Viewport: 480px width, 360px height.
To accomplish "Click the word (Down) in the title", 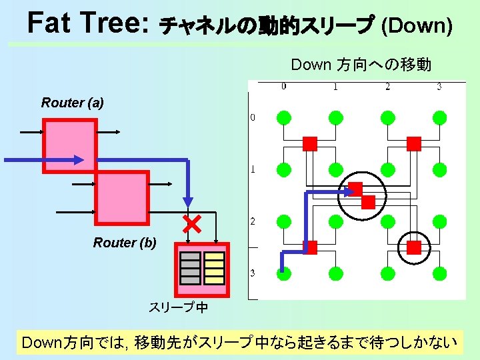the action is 417,26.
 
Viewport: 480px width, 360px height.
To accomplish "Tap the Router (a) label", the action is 72,103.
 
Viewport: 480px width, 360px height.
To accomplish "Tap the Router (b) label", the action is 125,243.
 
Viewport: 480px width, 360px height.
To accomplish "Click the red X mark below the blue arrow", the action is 193,223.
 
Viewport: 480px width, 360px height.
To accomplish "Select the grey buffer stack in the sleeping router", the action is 190,268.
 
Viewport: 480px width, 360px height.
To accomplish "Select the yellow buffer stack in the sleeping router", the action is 214,268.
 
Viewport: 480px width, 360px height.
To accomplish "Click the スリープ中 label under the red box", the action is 178,307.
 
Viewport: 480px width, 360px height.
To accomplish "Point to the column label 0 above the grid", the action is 284,86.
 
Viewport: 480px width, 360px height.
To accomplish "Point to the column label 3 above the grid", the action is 439,86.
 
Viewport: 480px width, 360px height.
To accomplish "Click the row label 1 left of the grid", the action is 253,169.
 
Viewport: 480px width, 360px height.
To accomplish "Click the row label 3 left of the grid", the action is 253,273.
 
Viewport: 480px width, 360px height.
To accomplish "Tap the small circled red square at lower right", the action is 414,247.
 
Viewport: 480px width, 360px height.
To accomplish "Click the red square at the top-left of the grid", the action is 310,143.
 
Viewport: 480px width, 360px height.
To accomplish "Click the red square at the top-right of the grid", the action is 414,143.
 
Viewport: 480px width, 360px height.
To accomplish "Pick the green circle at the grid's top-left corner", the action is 284,118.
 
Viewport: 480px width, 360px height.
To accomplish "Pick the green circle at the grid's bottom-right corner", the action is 439,273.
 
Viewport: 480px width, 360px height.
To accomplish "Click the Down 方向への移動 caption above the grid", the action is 361,65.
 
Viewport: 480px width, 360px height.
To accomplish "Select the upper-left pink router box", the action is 70,145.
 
